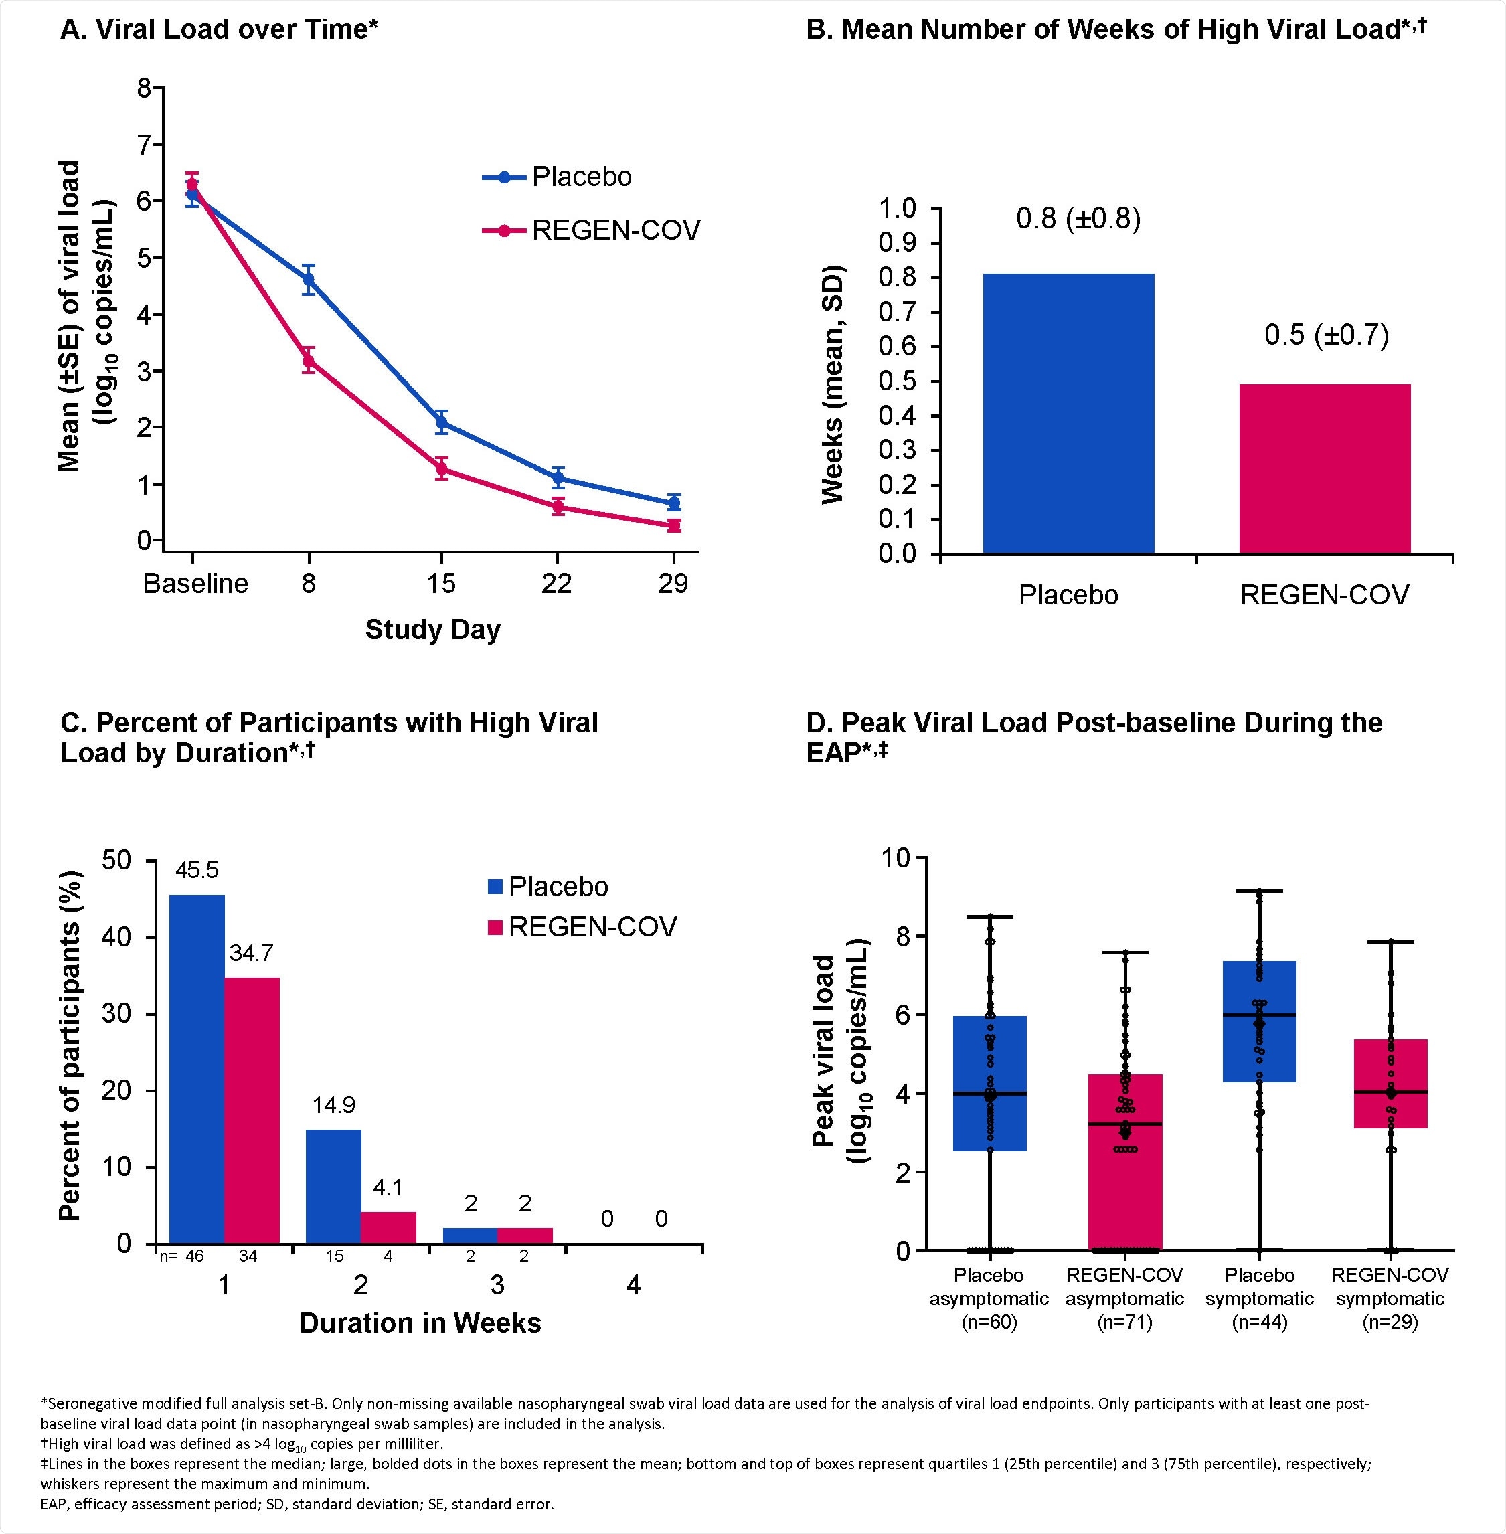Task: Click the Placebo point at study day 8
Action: point(309,279)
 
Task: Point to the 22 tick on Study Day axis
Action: point(556,584)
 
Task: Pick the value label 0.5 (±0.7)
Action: point(1327,335)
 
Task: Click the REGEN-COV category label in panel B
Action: point(1324,594)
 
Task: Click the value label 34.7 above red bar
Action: point(252,954)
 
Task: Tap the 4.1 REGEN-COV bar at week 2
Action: point(388,1227)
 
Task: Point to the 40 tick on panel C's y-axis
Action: point(117,938)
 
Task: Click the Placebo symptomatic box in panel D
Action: point(1259,1021)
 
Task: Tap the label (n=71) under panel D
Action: point(1124,1322)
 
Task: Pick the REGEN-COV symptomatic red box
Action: point(1390,1084)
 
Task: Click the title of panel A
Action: point(219,29)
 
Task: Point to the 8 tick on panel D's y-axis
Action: point(898,937)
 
